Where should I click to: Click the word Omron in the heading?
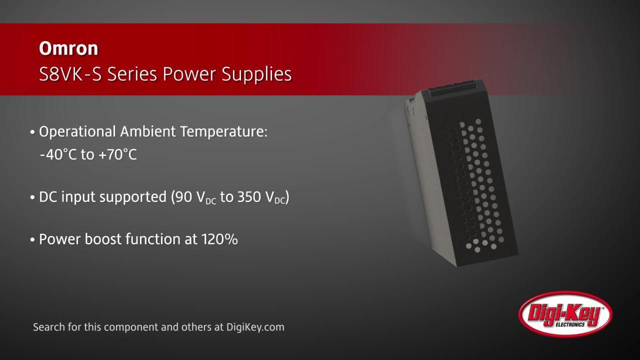[68, 48]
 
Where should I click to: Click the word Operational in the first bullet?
[77, 132]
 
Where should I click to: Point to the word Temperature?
[223, 132]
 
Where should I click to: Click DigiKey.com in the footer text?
[255, 327]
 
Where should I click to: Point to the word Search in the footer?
[48, 327]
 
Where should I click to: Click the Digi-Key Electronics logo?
[565, 314]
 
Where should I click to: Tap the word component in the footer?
[134, 327]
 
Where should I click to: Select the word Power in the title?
[190, 74]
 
